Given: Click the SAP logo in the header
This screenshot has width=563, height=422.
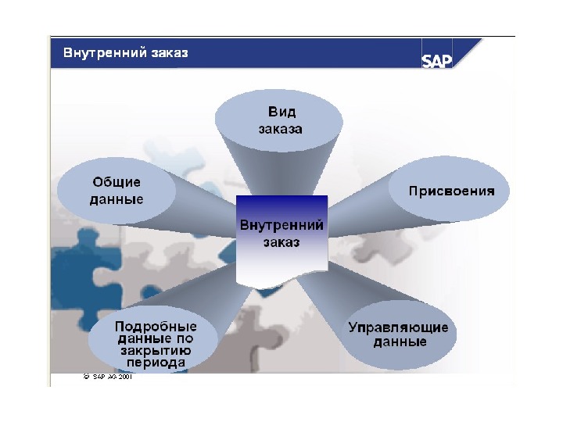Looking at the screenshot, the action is click(437, 61).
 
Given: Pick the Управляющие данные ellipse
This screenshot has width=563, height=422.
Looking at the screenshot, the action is click(399, 334).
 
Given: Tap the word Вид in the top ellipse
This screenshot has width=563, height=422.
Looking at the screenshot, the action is click(281, 113).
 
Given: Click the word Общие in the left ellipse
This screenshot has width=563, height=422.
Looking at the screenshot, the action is click(117, 182).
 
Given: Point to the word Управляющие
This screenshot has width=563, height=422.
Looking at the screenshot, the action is click(399, 327).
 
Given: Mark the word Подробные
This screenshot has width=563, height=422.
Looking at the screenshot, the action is click(156, 326).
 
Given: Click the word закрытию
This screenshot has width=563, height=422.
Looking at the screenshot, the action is click(156, 351).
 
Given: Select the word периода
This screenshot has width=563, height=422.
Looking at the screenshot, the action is click(156, 363).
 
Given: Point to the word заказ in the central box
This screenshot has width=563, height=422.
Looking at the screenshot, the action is click(281, 242).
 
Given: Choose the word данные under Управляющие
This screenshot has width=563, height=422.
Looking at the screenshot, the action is click(399, 342).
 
